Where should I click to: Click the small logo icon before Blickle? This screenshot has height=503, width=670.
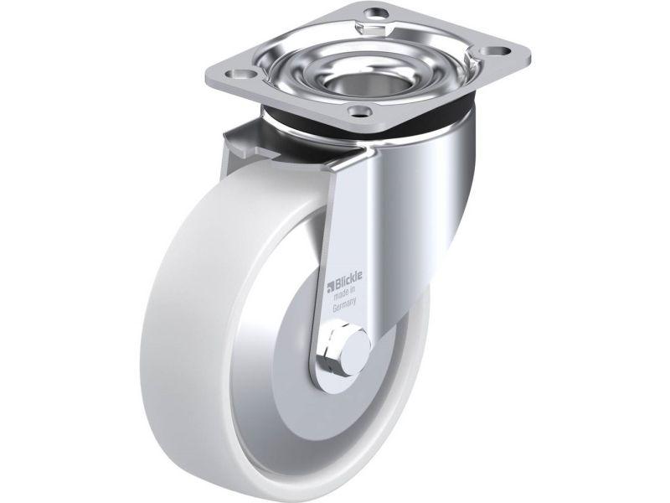click(330, 286)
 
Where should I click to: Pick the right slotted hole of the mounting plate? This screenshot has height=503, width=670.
click(502, 51)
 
